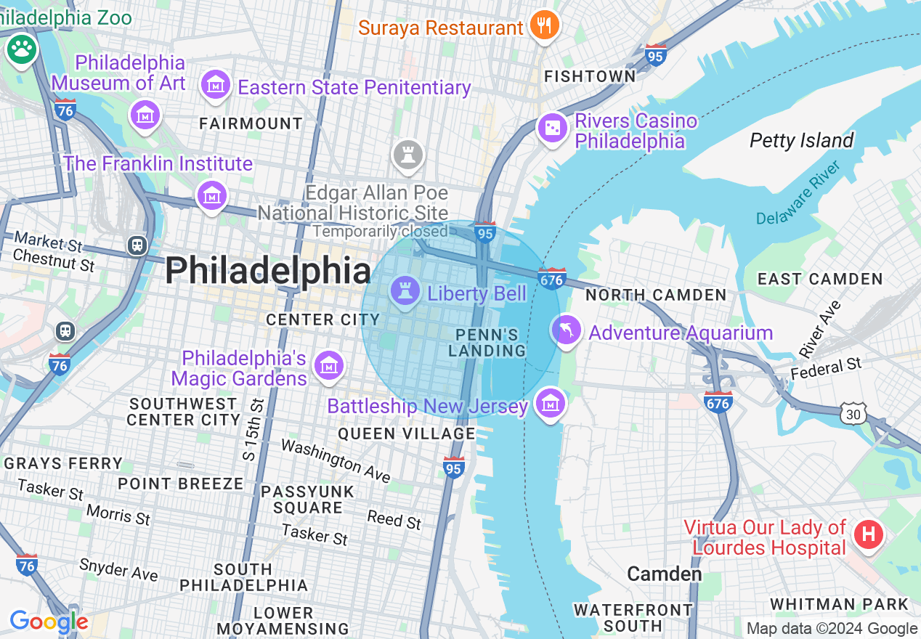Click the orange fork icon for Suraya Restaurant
tap(543, 26)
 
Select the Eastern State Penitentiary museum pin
tap(215, 86)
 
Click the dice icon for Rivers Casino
tap(551, 129)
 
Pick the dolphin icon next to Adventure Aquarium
tap(566, 330)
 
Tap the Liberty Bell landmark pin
tap(405, 292)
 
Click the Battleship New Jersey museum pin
tap(551, 402)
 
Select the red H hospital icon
tap(868, 535)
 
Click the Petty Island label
tap(801, 140)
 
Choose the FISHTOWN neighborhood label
tap(590, 76)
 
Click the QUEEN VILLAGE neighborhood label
tap(406, 434)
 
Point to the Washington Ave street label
tap(336, 460)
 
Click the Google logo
tap(49, 622)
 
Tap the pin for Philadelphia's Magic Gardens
tap(328, 367)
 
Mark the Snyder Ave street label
tap(118, 569)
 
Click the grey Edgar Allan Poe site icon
tap(407, 155)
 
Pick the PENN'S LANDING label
tap(487, 343)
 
